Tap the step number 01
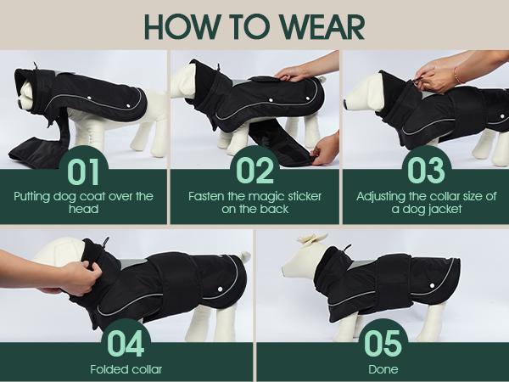click(x=83, y=171)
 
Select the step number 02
click(x=255, y=171)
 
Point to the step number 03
click(x=426, y=171)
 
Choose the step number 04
click(x=126, y=343)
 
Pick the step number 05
click(x=383, y=343)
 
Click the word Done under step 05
click(x=383, y=369)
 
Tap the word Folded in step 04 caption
click(x=107, y=369)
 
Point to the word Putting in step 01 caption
click(x=32, y=197)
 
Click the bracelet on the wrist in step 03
click(x=456, y=76)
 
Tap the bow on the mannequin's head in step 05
click(x=312, y=239)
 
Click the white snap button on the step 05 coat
click(x=432, y=285)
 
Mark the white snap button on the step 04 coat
click(x=220, y=289)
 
